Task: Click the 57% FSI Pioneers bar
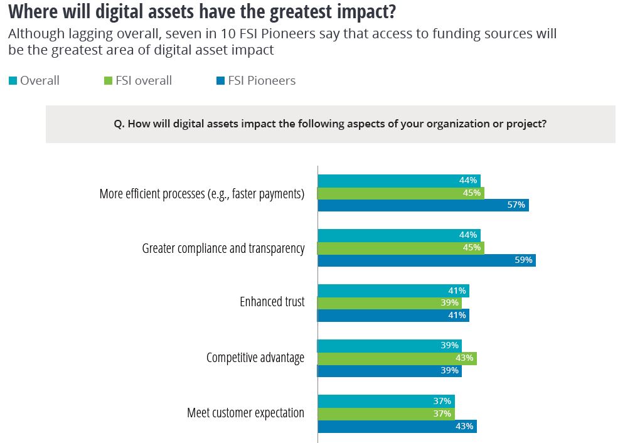pyautogui.click(x=423, y=205)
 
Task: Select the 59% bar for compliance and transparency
pyautogui.click(x=427, y=260)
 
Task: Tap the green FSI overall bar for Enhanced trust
pyautogui.click(x=390, y=303)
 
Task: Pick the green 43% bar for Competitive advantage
pyautogui.click(x=397, y=358)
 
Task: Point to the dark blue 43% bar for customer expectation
pyautogui.click(x=397, y=427)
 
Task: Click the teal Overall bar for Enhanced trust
pyautogui.click(x=393, y=291)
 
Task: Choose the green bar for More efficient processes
pyautogui.click(x=401, y=193)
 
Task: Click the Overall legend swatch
pyautogui.click(x=13, y=80)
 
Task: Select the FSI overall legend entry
pyautogui.click(x=136, y=80)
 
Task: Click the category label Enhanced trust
pyautogui.click(x=272, y=302)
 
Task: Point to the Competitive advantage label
pyautogui.click(x=255, y=358)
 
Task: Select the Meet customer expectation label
pyautogui.click(x=246, y=413)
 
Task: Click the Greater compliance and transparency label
pyautogui.click(x=223, y=248)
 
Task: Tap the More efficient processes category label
pyautogui.click(x=202, y=194)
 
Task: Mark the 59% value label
pyautogui.click(x=523, y=260)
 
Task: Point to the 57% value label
pyautogui.click(x=516, y=205)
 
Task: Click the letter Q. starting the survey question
pyautogui.click(x=119, y=124)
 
